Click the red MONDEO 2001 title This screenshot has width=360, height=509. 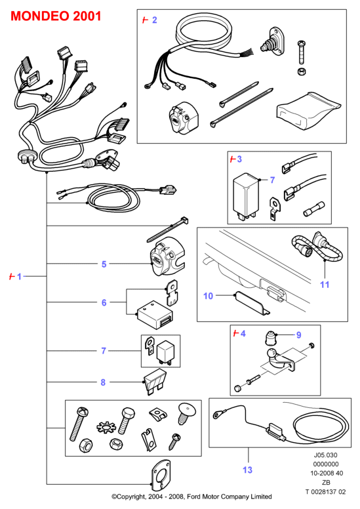(x=56, y=16)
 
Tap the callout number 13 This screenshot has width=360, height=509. (x=247, y=470)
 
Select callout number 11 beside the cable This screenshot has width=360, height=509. (x=325, y=285)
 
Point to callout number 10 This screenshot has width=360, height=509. (x=208, y=296)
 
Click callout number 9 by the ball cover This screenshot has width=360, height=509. (x=298, y=335)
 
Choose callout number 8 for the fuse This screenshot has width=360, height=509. (x=103, y=382)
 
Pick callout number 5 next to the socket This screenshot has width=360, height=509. (x=104, y=264)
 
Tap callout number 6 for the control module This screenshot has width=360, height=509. (x=104, y=302)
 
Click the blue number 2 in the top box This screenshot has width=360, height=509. (x=155, y=20)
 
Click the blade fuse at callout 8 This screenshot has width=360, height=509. (x=155, y=382)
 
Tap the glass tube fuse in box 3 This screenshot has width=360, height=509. (x=314, y=209)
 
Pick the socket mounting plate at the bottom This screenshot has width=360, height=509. (x=161, y=476)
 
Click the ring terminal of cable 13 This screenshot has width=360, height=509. (x=216, y=415)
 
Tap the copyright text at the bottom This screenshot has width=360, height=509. (x=192, y=497)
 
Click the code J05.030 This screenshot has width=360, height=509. (x=326, y=455)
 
